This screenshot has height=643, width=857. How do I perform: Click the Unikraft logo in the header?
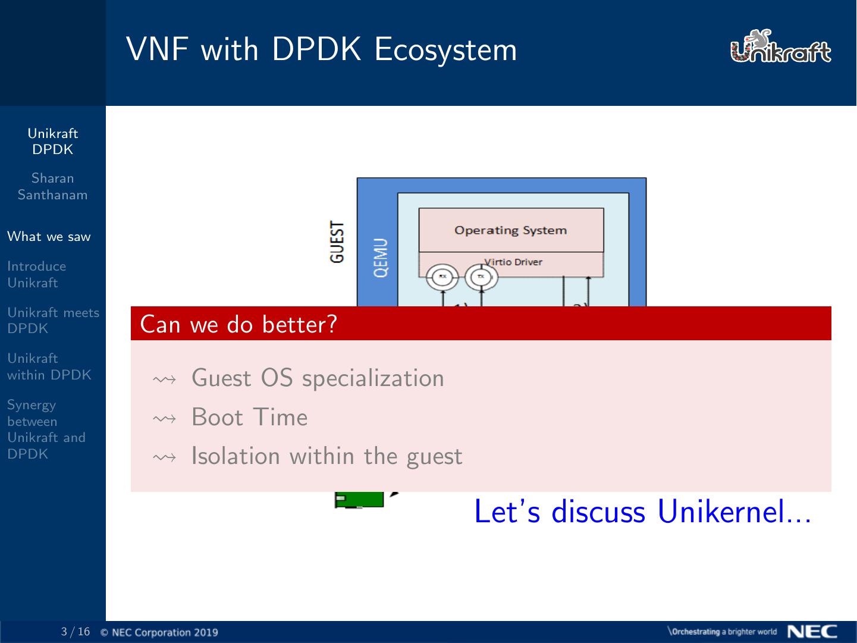point(780,47)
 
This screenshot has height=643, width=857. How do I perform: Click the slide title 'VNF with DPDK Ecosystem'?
point(321,49)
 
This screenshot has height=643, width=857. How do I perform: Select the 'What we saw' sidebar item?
point(49,237)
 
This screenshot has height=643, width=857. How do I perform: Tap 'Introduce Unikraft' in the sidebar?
point(36,274)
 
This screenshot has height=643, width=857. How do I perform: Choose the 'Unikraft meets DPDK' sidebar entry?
point(53,320)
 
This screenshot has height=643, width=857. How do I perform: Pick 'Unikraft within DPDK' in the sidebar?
point(49,366)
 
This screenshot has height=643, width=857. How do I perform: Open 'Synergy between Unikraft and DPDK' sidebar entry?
point(46,429)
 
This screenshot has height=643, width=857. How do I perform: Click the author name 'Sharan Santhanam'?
point(52,186)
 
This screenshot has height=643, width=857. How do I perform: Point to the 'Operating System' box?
point(511,230)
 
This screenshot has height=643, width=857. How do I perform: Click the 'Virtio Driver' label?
point(513,262)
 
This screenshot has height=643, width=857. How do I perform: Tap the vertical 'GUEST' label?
point(337,242)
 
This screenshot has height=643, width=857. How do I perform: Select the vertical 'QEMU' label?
point(381,258)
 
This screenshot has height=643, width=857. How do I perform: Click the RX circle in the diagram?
point(442,276)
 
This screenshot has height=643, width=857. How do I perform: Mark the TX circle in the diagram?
point(481,276)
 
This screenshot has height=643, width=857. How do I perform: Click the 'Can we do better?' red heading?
point(238,324)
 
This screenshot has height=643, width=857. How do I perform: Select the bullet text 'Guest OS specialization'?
point(318,378)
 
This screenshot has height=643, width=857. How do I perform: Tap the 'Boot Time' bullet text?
point(249,418)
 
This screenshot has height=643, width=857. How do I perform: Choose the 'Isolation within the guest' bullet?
point(327,456)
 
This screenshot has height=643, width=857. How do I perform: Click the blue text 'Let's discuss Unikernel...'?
point(642,512)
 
